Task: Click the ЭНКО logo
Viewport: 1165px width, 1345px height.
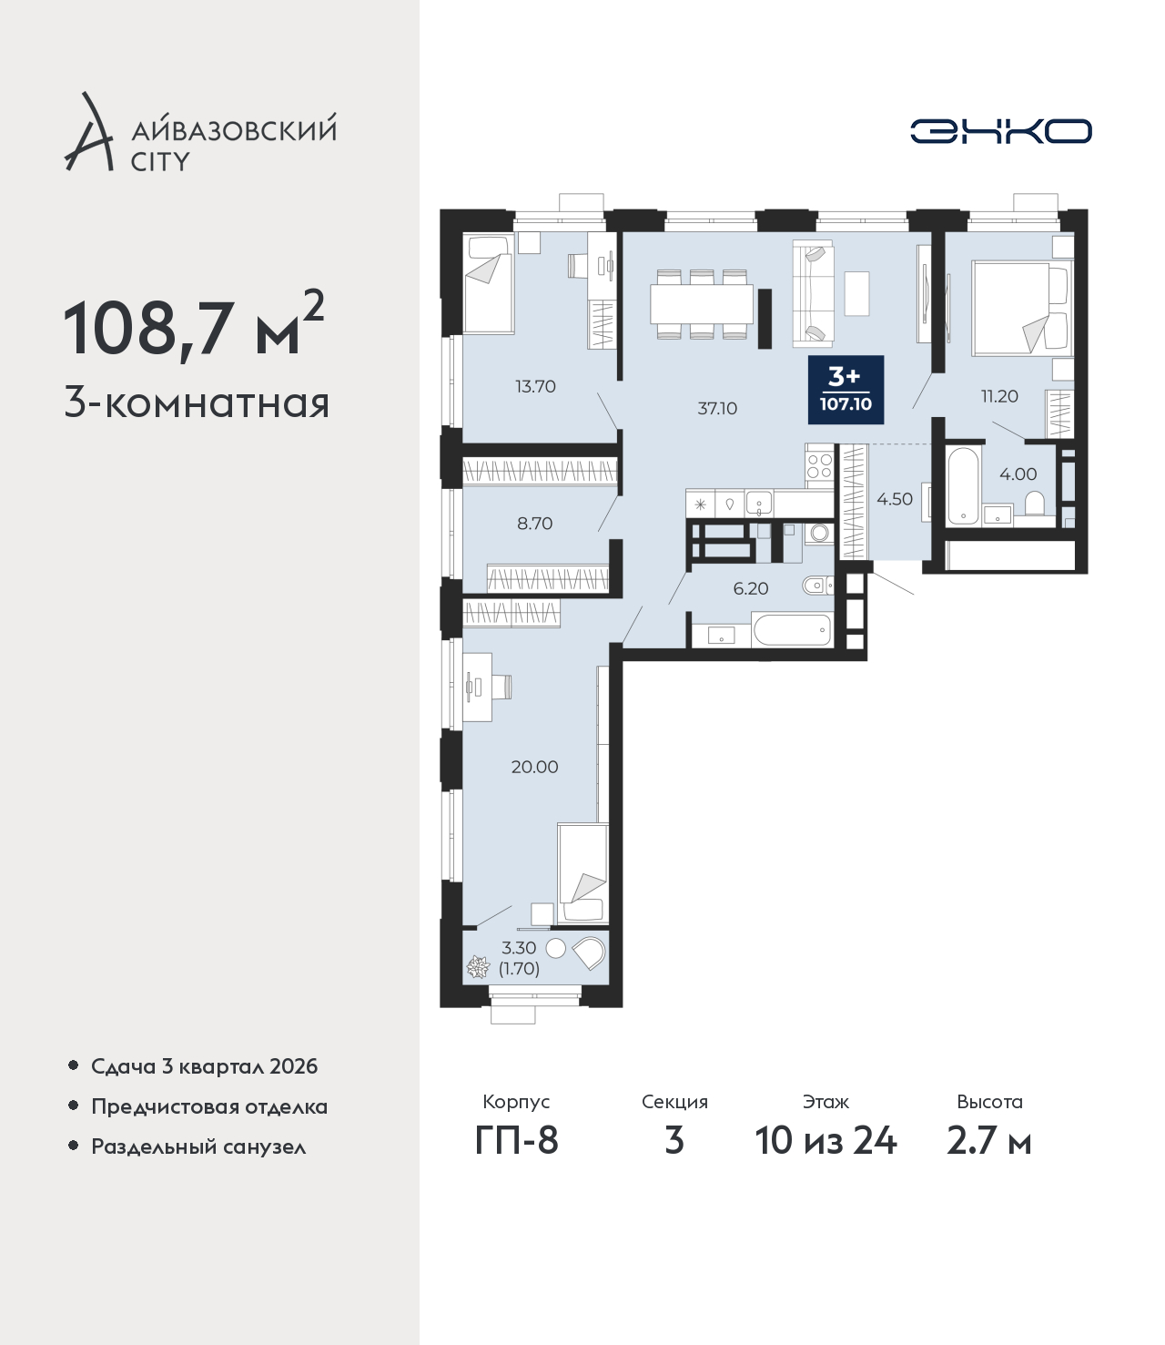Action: coord(1000,131)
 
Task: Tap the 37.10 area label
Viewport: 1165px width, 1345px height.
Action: coord(717,409)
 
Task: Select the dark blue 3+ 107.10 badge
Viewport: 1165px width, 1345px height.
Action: coord(846,389)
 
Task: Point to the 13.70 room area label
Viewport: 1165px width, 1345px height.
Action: coord(535,386)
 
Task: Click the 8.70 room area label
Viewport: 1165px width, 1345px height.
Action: coord(534,524)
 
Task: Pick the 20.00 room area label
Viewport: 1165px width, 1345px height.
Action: coord(534,767)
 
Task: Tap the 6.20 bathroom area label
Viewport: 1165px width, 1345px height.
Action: coord(751,588)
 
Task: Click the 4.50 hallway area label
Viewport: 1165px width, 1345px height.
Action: coord(895,499)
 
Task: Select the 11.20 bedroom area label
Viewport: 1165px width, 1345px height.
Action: coord(999,395)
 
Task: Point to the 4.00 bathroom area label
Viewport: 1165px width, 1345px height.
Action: coord(1018,474)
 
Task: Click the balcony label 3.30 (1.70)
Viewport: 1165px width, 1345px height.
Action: coord(519,959)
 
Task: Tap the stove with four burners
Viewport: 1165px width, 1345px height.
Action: coord(819,465)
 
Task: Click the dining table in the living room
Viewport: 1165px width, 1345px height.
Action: coord(702,304)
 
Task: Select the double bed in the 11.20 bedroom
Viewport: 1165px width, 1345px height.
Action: coord(1022,308)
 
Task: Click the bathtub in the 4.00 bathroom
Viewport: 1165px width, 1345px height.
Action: coord(963,484)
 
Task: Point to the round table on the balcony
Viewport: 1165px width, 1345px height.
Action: coord(555,948)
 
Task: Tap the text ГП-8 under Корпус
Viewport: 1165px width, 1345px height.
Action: coord(516,1140)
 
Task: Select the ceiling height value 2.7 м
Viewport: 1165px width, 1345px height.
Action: coord(988,1140)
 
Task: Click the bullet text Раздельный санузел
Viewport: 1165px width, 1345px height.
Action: coord(198,1146)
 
